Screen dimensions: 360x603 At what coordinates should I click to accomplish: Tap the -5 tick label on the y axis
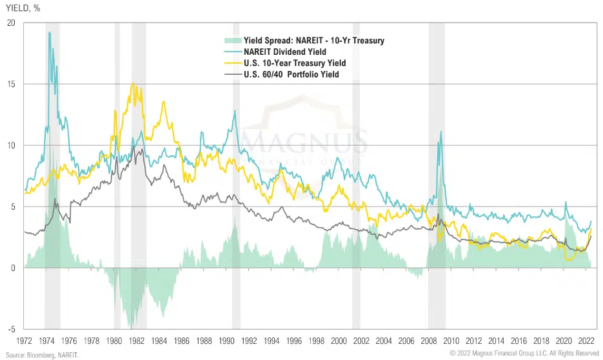10,329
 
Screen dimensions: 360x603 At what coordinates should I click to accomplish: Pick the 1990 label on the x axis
226,341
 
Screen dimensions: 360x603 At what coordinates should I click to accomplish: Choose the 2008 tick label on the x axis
429,341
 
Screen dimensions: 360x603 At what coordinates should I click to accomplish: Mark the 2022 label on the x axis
586,341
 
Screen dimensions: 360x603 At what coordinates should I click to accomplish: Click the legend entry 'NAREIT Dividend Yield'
284,52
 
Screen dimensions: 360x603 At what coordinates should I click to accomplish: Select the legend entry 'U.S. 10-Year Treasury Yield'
295,63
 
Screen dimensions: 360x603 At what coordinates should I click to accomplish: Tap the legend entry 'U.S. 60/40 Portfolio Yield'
292,75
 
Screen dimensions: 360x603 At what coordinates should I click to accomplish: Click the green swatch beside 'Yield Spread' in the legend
228,41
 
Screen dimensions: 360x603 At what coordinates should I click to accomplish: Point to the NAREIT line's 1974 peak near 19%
49,33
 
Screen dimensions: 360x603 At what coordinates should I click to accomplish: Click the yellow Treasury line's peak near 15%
133,83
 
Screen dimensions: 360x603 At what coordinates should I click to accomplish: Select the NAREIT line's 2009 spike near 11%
441,132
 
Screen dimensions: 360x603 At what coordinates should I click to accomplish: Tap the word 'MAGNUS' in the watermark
305,141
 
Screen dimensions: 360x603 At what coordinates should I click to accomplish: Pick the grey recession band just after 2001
356,174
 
